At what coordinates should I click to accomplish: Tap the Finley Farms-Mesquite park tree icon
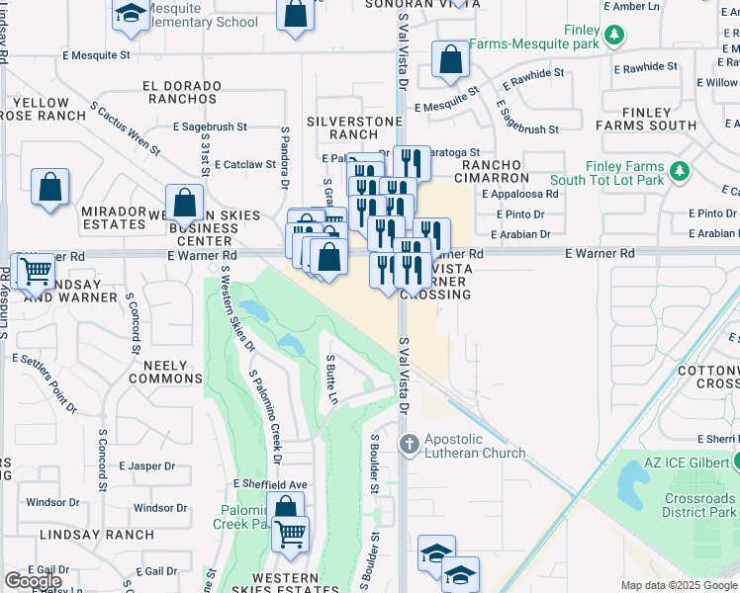615,36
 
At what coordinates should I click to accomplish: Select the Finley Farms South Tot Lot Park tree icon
679,173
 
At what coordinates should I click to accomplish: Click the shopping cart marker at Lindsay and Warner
37,269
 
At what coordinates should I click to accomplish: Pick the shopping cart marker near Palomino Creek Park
290,534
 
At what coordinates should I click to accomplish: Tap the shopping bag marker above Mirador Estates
50,187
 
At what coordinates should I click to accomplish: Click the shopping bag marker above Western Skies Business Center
185,203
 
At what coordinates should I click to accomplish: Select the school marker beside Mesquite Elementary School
129,13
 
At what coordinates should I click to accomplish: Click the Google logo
33,581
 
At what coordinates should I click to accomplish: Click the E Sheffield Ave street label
271,483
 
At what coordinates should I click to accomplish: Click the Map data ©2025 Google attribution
679,585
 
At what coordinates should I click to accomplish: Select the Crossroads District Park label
697,506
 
